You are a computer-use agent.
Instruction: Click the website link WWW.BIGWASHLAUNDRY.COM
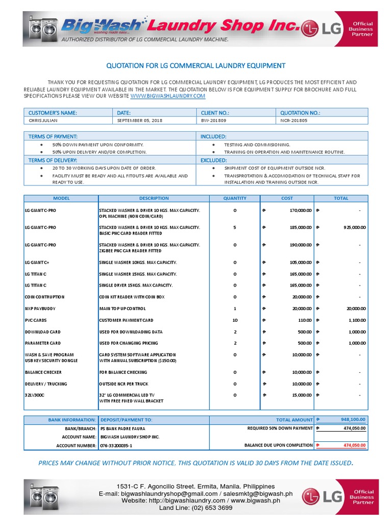click(x=168, y=96)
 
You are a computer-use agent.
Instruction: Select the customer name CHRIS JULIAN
click(x=44, y=121)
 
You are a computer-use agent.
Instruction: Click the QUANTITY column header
click(x=235, y=198)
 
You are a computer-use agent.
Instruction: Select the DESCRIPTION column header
click(x=154, y=198)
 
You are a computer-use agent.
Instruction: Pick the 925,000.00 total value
click(x=354, y=227)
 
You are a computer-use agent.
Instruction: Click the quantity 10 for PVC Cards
click(x=235, y=320)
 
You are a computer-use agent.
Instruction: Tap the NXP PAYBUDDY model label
click(x=40, y=308)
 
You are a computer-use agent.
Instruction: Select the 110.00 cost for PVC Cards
click(x=305, y=320)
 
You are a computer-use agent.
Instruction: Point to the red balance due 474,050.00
click(x=354, y=445)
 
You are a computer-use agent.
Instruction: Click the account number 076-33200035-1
click(x=116, y=445)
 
